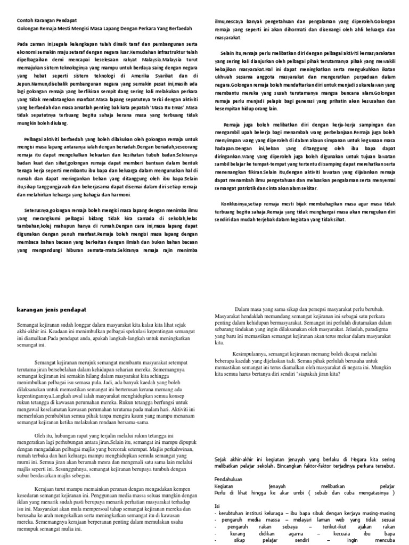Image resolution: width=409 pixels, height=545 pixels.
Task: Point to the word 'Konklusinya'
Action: tap(238, 203)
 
